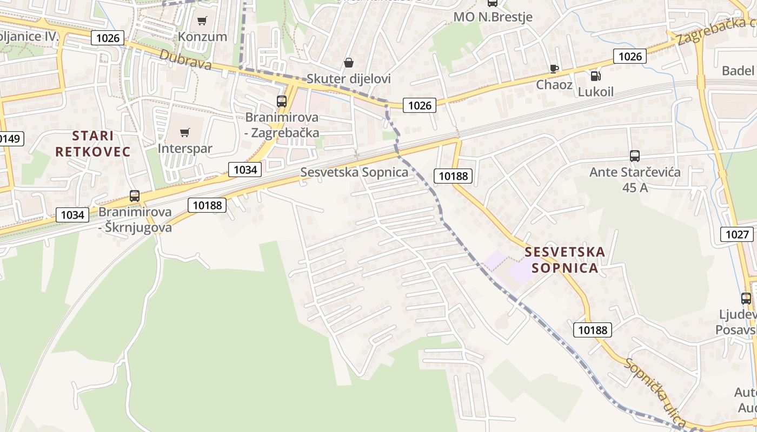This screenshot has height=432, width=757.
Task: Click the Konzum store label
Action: click(x=203, y=37)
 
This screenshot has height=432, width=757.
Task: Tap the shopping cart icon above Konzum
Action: click(x=202, y=21)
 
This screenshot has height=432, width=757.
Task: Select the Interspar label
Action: click(x=185, y=148)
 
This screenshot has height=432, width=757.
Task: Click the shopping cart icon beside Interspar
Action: click(x=185, y=132)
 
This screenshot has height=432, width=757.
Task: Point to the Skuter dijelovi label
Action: click(x=349, y=79)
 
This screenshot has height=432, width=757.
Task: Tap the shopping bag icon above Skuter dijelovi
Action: click(x=349, y=63)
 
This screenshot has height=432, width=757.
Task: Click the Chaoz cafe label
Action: click(x=554, y=85)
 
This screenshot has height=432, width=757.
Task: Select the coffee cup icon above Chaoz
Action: click(x=554, y=69)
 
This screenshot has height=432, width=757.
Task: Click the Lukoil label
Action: click(x=596, y=92)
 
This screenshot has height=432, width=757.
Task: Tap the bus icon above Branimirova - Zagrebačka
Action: click(x=282, y=101)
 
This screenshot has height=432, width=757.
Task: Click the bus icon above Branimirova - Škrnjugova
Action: click(x=135, y=196)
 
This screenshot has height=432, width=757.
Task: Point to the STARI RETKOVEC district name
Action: click(x=93, y=144)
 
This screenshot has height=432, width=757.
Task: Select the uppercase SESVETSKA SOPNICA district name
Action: click(x=565, y=260)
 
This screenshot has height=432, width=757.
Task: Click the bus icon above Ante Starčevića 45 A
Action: click(x=635, y=156)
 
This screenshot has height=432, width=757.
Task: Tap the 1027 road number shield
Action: click(x=737, y=234)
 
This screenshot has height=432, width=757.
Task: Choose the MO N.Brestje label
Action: click(x=493, y=17)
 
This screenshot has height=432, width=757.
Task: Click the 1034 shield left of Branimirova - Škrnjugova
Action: click(x=72, y=215)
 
